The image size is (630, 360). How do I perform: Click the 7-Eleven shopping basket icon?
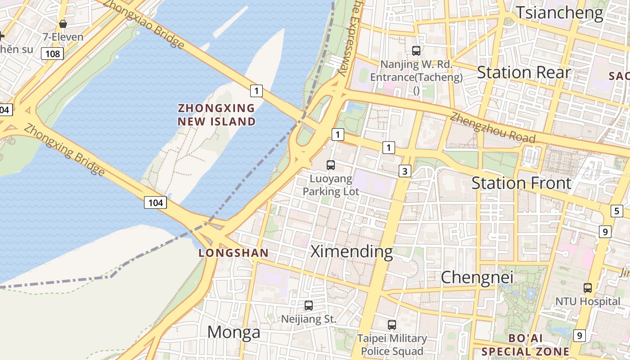click(63, 23)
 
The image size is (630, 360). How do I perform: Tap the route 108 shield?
click(53, 54)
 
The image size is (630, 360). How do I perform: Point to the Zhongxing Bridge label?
click(64, 150)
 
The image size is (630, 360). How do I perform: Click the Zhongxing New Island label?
click(216, 115)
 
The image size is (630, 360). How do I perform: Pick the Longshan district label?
click(234, 253)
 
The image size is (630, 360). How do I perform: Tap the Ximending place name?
click(351, 252)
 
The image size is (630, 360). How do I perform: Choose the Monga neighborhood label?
click(234, 332)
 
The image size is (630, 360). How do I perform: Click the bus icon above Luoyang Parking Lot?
click(331, 165)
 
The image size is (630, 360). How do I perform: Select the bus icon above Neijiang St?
click(309, 306)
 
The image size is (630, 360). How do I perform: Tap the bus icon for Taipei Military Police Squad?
click(392, 324)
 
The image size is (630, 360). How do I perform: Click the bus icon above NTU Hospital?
click(588, 288)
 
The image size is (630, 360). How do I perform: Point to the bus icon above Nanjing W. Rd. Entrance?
click(416, 50)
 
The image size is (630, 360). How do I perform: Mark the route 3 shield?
click(405, 171)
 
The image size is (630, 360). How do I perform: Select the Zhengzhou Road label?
click(492, 127)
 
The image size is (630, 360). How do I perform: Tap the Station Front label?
click(521, 183)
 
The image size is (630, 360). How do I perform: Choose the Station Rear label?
click(523, 72)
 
